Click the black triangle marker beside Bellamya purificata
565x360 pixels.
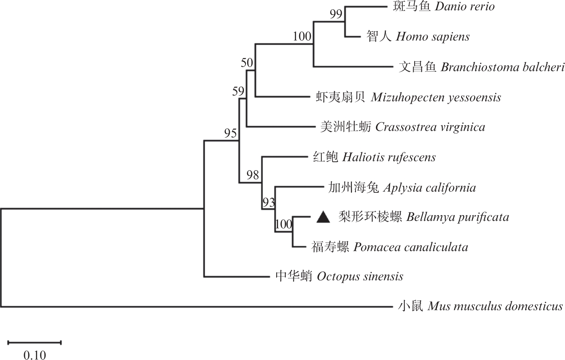point(323,217)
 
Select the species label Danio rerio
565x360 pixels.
point(465,7)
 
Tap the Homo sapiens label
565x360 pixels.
point(432,37)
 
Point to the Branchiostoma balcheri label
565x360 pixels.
point(502,67)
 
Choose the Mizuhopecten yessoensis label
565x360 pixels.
point(436,97)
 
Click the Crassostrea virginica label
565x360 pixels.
point(430,127)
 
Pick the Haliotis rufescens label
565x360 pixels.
point(389,157)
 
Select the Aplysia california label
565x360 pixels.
point(429,187)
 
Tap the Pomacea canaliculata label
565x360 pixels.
point(411,247)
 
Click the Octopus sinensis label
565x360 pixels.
point(360,276)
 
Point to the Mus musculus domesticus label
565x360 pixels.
point(495,306)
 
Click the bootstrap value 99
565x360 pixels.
point(336,14)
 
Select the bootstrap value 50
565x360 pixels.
point(247,62)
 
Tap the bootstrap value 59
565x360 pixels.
point(238,91)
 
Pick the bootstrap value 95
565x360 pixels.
point(231,133)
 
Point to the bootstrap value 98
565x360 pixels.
point(253,175)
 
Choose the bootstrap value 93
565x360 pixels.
point(268,202)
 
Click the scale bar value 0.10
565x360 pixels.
point(35,355)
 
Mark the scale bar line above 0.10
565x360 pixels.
point(35,342)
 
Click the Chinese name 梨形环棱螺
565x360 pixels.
point(370,217)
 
